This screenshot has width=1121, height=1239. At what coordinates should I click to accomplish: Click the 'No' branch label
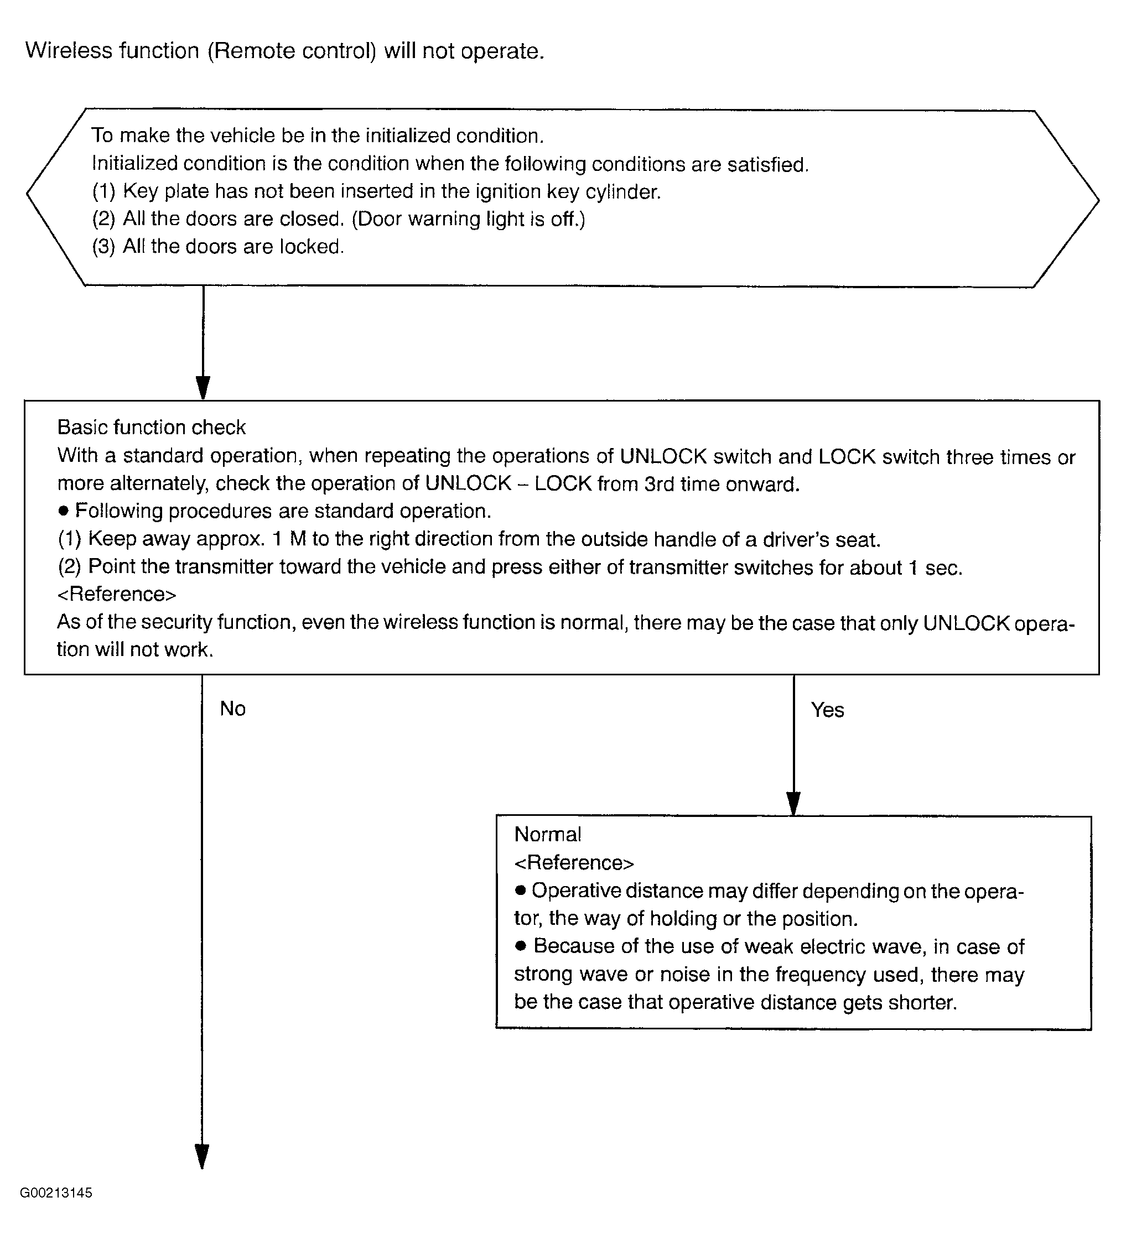click(x=232, y=709)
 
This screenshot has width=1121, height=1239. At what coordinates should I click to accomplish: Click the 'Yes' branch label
click(x=827, y=710)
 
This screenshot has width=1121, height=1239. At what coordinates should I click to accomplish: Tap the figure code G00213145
click(x=56, y=1193)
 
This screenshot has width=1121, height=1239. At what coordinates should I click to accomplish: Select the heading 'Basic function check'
click(x=151, y=427)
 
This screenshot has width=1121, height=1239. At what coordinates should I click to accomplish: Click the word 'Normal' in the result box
click(x=547, y=834)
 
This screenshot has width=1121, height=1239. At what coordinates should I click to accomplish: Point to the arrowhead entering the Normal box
click(x=793, y=803)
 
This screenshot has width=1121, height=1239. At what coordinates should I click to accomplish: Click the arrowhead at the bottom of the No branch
click(x=202, y=1155)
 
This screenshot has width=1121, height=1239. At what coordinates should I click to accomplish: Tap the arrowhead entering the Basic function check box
click(x=203, y=388)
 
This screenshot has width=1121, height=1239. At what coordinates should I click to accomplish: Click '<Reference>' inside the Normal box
click(x=574, y=863)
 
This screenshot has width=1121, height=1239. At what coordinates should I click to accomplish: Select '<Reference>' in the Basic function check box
click(x=117, y=594)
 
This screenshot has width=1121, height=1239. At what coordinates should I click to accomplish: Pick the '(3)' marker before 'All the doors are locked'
click(x=103, y=247)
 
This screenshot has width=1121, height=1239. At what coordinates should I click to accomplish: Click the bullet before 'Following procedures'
click(x=63, y=511)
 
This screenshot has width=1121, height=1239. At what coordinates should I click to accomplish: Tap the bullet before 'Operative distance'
click(x=521, y=890)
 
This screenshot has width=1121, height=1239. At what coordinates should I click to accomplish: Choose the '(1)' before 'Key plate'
click(x=103, y=192)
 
